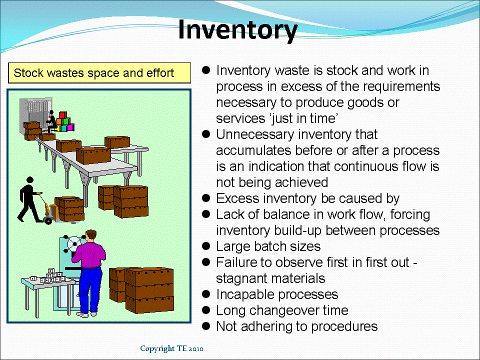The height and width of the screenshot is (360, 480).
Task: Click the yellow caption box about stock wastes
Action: pyautogui.click(x=99, y=73)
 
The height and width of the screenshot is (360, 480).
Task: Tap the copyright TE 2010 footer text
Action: pyautogui.click(x=171, y=348)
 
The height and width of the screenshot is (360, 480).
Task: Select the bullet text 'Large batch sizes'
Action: pyautogui.click(x=268, y=246)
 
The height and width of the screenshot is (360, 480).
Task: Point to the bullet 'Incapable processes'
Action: pyautogui.click(x=277, y=294)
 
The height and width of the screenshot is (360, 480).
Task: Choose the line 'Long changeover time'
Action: pyautogui.click(x=282, y=310)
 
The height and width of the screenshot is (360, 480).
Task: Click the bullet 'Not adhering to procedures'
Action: pyautogui.click(x=296, y=326)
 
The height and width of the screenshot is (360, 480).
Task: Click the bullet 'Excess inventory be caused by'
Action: pyautogui.click(x=307, y=198)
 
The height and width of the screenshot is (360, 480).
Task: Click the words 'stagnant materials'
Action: pyautogui.click(x=270, y=278)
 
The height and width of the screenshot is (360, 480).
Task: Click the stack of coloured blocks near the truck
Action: pyautogui.click(x=63, y=123)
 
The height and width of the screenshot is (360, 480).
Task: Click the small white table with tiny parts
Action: pyautogui.click(x=47, y=283)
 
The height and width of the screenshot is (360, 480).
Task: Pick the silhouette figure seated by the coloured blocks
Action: pyautogui.click(x=50, y=120)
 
